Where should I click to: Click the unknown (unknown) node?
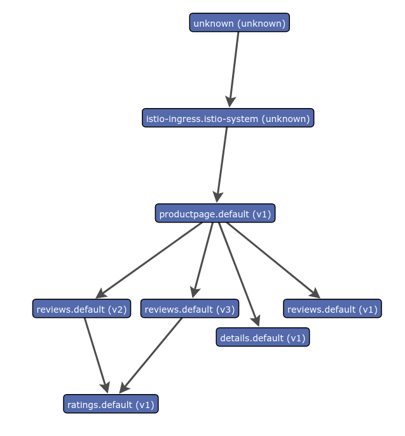click(x=239, y=23)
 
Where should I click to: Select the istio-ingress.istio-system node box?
click(x=228, y=118)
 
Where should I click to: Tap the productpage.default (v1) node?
click(x=215, y=214)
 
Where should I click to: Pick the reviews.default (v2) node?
click(x=81, y=309)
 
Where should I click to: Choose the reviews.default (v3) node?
click(x=189, y=309)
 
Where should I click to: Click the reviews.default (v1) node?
click(x=332, y=309)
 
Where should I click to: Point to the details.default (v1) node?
click(x=263, y=337)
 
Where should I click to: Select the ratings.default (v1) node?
click(x=111, y=404)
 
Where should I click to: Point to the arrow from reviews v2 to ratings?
click(x=95, y=353)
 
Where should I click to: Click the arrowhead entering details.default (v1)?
click(x=256, y=322)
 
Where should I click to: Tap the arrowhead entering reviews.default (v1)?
click(x=315, y=293)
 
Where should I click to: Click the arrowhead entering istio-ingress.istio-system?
click(x=231, y=102)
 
